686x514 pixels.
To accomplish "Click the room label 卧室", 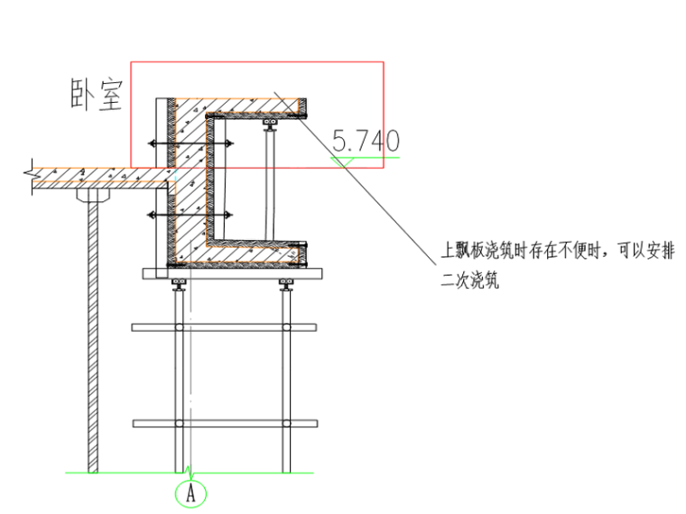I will [x=97, y=95].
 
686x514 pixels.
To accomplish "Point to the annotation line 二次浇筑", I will [x=469, y=281].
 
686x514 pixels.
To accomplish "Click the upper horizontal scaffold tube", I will [x=225, y=327].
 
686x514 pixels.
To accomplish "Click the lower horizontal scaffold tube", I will [x=225, y=423].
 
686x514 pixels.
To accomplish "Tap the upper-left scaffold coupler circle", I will [x=180, y=327].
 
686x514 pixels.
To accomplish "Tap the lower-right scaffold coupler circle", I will [x=286, y=423].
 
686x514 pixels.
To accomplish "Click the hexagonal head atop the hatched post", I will [x=92, y=195].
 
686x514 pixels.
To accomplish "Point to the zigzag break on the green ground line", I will [x=189, y=470].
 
